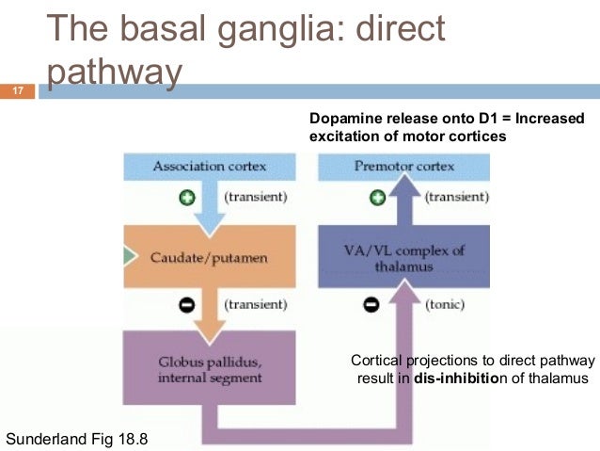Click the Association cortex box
coord(209,167)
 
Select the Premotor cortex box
coord(403,167)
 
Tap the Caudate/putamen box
coord(209,256)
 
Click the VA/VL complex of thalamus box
coord(403,256)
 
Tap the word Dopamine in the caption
coord(340,118)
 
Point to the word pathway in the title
coord(112,72)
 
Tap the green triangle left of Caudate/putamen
coord(128,255)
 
